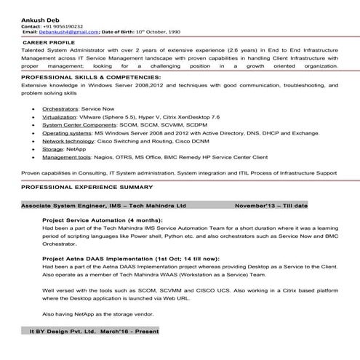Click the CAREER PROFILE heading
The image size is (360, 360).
[50, 43]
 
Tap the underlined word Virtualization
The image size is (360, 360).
[58, 116]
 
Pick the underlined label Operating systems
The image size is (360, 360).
[66, 133]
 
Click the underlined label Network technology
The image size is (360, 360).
[68, 141]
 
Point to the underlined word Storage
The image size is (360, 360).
[52, 149]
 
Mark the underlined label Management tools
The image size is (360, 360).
[66, 157]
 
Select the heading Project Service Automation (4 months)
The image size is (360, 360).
[102, 219]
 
